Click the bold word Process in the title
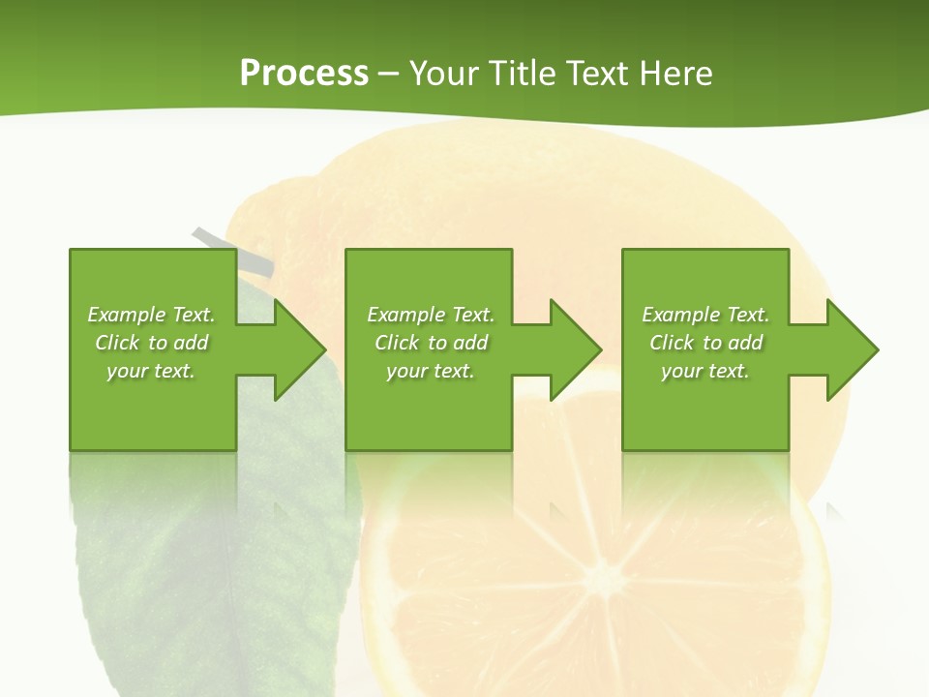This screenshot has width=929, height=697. (304, 74)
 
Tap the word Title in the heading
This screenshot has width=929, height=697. (521, 74)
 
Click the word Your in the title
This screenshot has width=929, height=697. (442, 74)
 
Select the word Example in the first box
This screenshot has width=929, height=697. (127, 315)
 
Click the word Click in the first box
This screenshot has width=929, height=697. (117, 343)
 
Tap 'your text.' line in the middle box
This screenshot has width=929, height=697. (430, 371)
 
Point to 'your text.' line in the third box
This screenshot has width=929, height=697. (704, 371)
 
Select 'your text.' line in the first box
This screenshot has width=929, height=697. (150, 371)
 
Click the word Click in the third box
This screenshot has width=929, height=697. (672, 343)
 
